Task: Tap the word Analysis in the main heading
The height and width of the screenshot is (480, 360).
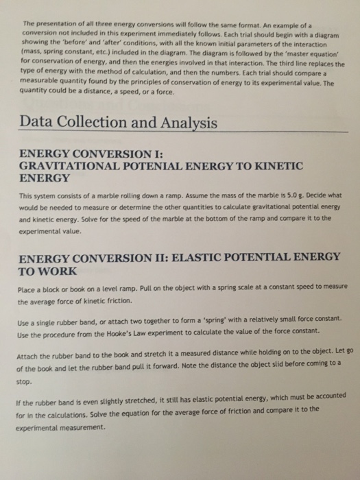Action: pyautogui.click(x=184, y=123)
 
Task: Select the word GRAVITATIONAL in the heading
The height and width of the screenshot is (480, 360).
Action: pyautogui.click(x=67, y=166)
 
